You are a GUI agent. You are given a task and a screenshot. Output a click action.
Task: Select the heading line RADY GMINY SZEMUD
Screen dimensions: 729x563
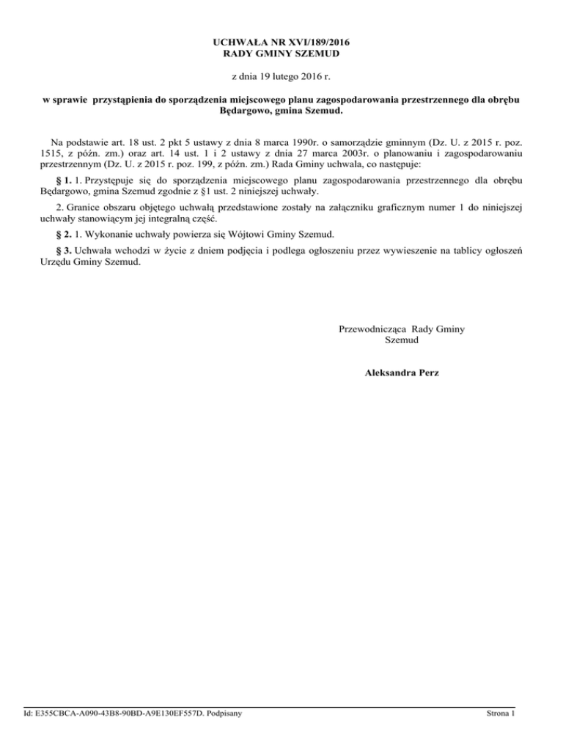[x=281, y=54]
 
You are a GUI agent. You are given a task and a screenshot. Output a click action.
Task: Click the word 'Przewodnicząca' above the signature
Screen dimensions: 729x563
[x=372, y=329]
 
